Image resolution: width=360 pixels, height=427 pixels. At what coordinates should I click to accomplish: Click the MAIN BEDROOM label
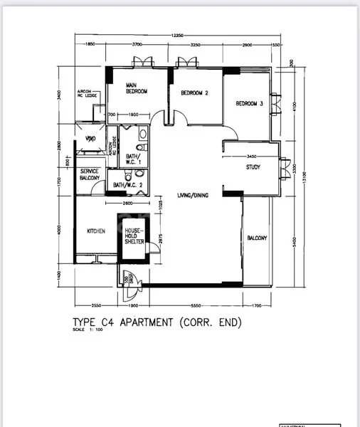[x=137, y=88]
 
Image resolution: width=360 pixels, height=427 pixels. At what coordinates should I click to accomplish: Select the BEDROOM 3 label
[x=250, y=104]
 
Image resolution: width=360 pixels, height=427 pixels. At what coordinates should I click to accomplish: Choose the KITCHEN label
[x=96, y=232]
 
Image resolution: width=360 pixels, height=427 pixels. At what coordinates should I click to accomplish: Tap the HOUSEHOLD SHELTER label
[x=134, y=236]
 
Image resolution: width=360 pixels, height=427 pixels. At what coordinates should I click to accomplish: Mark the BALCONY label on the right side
[x=257, y=238]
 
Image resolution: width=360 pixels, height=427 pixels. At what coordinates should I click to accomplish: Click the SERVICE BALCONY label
[x=90, y=175]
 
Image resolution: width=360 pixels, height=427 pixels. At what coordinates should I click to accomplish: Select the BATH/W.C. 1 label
[x=134, y=159]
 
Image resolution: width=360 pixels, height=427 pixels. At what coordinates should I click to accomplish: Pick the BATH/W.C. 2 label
[x=128, y=186]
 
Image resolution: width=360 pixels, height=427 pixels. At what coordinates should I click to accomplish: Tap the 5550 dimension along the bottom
[x=189, y=296]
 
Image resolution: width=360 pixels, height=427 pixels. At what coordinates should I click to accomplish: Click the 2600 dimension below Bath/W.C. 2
[x=127, y=204]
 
